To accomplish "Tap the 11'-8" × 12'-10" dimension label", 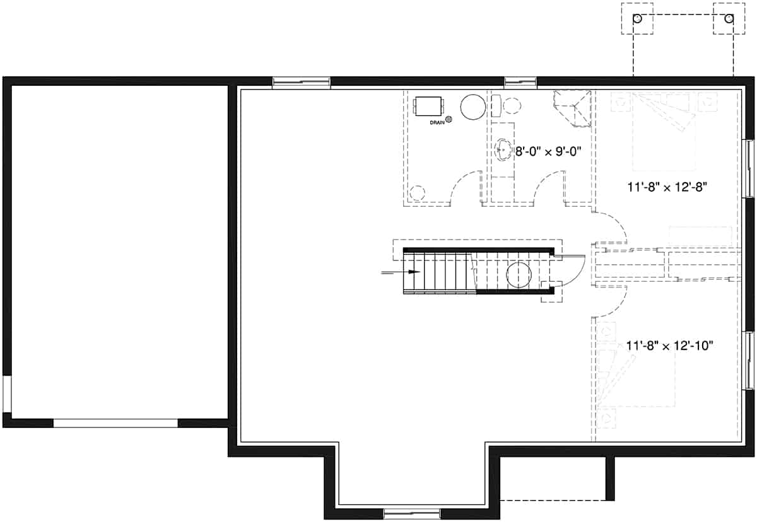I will (x=670, y=345).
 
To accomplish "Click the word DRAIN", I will (x=437, y=122).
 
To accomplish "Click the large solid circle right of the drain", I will (x=472, y=107).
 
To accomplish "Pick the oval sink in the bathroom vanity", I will (x=503, y=149).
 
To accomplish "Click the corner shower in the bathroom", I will (x=573, y=108).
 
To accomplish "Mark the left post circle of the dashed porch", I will (x=638, y=20).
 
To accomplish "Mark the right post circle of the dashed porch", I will (x=729, y=20).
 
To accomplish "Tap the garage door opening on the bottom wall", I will (x=115, y=423).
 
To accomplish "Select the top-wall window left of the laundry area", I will (x=301, y=83).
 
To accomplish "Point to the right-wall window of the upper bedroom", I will (x=749, y=168).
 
